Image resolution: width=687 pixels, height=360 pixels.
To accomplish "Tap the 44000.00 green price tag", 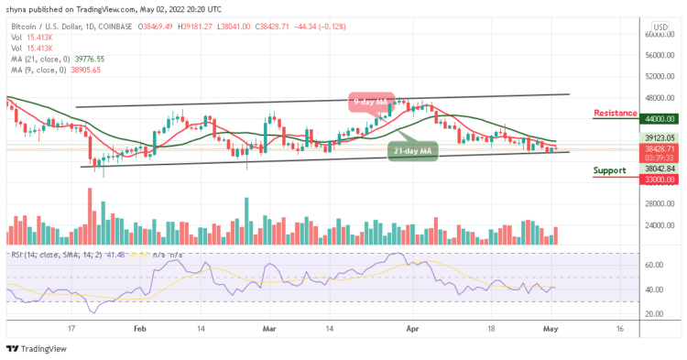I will [659, 119].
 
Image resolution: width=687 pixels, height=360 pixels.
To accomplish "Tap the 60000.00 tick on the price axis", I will [659, 35].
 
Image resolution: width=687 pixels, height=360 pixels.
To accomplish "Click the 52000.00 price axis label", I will [659, 77].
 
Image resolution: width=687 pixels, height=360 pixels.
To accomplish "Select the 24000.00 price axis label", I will [659, 225].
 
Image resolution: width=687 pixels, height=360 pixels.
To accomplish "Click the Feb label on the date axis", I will [139, 326].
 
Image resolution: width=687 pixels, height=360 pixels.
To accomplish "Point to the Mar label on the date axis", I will [269, 326].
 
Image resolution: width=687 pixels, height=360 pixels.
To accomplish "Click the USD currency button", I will [660, 27].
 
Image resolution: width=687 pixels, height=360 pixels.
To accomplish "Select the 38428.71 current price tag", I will [659, 147].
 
